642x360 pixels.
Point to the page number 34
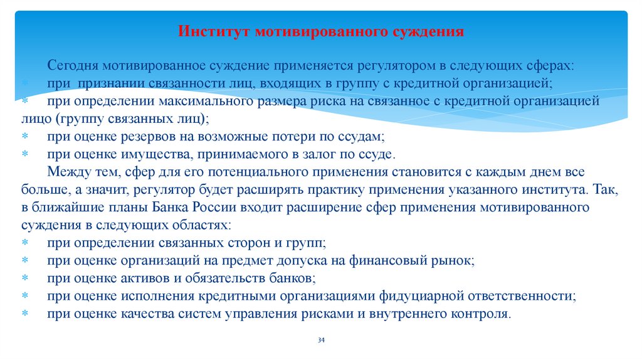[321, 340]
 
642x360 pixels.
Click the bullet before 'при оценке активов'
[25, 277]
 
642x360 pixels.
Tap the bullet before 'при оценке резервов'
[25, 136]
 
